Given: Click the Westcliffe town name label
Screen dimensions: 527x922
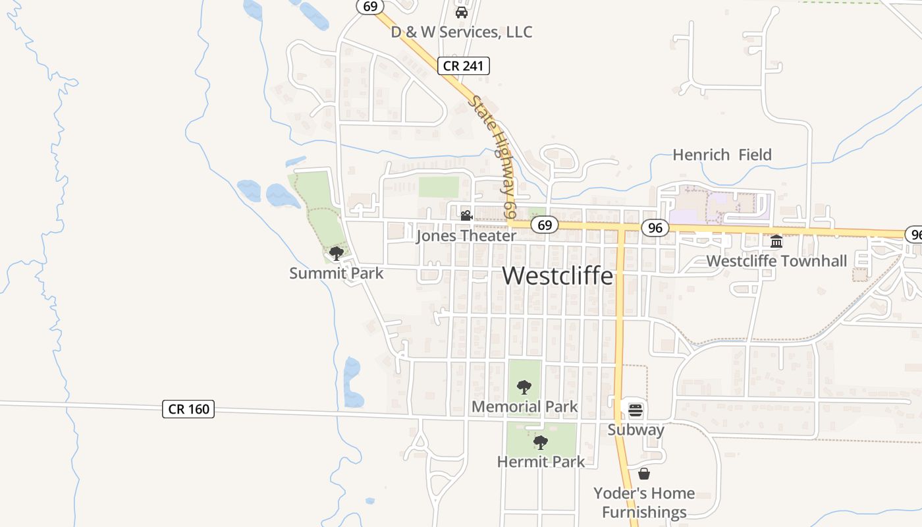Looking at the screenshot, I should pyautogui.click(x=558, y=276).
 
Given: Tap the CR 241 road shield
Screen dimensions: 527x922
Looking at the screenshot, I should pyautogui.click(x=464, y=65).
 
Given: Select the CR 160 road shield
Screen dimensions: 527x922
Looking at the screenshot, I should pyautogui.click(x=188, y=409).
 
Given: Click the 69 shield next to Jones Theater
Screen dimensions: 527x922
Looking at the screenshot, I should pyautogui.click(x=544, y=225).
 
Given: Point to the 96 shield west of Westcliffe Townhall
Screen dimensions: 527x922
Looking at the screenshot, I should pyautogui.click(x=655, y=228).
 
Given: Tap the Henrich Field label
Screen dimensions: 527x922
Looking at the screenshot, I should pyautogui.click(x=722, y=155).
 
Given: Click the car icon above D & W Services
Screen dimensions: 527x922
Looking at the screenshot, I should pyautogui.click(x=462, y=13).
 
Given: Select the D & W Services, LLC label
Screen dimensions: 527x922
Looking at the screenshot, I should pyautogui.click(x=462, y=32).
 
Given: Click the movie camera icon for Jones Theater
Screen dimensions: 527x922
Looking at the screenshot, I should pyautogui.click(x=466, y=215).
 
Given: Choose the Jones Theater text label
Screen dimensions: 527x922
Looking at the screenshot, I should pyautogui.click(x=466, y=236).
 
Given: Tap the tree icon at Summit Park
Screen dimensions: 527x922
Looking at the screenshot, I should pyautogui.click(x=337, y=253).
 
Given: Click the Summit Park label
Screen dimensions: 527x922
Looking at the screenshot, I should pyautogui.click(x=337, y=273).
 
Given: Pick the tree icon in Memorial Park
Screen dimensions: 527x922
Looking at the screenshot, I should pyautogui.click(x=524, y=387).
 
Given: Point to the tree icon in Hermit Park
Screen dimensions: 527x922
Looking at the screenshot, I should pyautogui.click(x=541, y=442).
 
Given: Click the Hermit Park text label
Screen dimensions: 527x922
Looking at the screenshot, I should pyautogui.click(x=541, y=462).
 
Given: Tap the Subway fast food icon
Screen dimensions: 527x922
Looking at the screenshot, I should pyautogui.click(x=636, y=410).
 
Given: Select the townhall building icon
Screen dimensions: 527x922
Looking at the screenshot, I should pyautogui.click(x=776, y=241).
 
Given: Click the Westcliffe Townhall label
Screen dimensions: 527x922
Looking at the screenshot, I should pyautogui.click(x=776, y=261).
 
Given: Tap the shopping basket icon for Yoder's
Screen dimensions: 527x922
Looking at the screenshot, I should pyautogui.click(x=644, y=474).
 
